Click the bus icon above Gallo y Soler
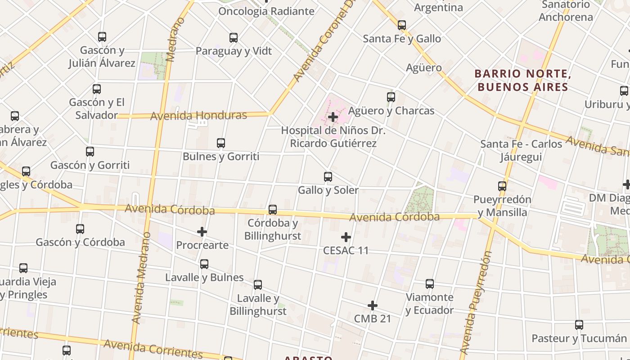coord(328,177)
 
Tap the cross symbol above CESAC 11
coord(346,237)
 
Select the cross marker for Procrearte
coord(202,232)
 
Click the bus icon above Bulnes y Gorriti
coord(221,143)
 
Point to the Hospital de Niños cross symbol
coord(333,117)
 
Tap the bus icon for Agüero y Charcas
coord(391,97)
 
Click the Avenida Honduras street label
coord(198,116)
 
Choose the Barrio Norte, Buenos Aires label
coord(523,80)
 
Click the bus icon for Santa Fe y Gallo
coord(402,25)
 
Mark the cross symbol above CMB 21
coord(373,306)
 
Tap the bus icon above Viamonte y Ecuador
coord(430,284)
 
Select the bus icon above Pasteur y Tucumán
coord(579,325)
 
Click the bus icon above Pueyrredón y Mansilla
coord(502,186)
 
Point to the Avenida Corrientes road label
coord(153,349)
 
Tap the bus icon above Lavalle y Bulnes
coord(204,264)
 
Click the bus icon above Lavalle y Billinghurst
coord(258,285)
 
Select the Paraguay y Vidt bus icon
coord(234,38)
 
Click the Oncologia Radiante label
coord(266,11)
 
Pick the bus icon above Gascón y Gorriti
coord(90,152)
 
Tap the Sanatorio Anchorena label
coord(566,11)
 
